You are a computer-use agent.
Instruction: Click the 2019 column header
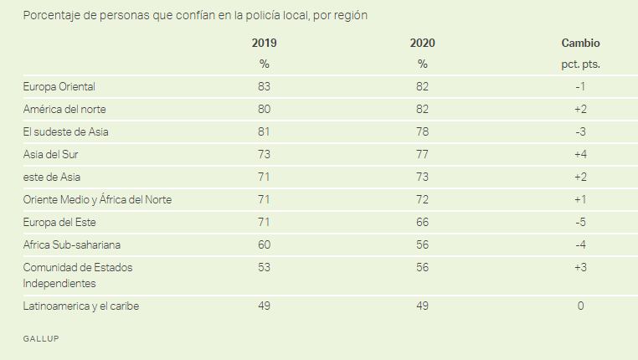[264, 44]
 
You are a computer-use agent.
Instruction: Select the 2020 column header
[423, 44]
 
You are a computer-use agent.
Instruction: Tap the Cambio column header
[580, 44]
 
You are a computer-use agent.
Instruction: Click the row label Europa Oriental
[59, 87]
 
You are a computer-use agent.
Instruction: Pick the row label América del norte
[64, 110]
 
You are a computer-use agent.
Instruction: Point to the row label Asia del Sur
[52, 155]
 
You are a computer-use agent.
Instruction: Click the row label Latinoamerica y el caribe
[81, 306]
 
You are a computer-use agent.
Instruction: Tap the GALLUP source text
[41, 338]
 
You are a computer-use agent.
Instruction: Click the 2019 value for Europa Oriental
[264, 87]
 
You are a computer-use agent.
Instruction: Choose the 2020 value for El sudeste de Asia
[423, 132]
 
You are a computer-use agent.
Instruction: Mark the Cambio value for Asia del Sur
[580, 155]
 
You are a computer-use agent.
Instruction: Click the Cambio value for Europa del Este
[580, 223]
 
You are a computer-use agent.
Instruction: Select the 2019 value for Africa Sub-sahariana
[264, 245]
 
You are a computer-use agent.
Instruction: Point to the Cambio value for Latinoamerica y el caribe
[580, 306]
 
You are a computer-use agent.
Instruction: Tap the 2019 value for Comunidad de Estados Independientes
[264, 268]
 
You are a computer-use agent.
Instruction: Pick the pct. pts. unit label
[580, 64]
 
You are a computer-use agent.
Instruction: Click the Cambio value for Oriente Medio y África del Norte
[580, 200]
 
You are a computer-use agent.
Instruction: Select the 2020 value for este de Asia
[423, 177]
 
